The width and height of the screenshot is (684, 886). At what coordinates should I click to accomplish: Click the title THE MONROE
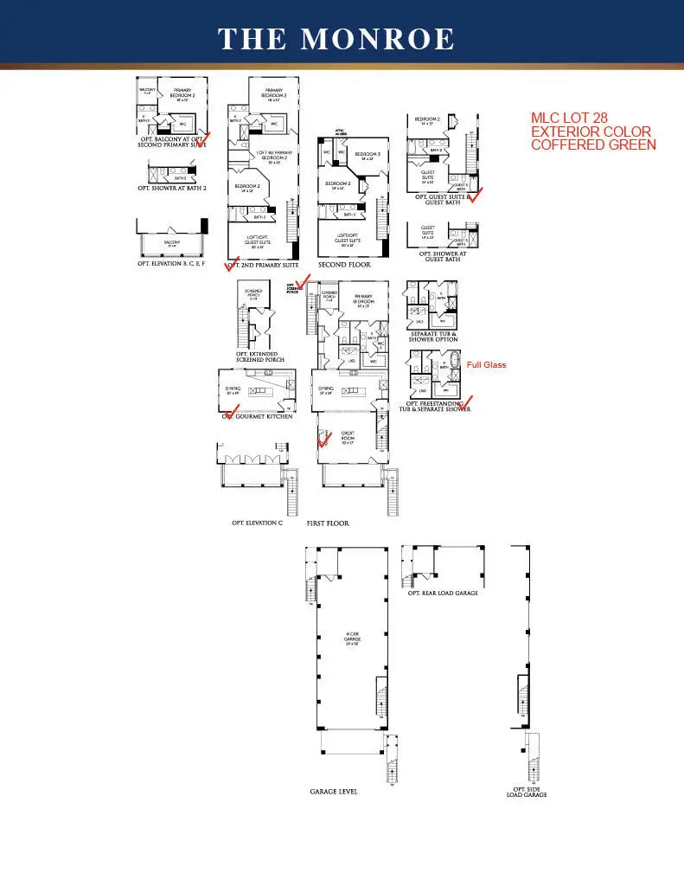tap(336, 39)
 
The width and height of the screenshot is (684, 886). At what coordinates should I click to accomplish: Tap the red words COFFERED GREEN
tap(593, 144)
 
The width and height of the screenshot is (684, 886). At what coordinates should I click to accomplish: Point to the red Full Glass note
tap(486, 365)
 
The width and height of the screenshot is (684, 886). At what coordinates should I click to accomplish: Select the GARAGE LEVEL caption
tap(334, 792)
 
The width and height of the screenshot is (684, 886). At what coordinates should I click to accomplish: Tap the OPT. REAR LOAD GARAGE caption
tap(443, 593)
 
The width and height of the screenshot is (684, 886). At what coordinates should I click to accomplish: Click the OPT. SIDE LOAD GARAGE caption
tap(526, 793)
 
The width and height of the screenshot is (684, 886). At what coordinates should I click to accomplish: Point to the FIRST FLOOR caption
tap(328, 523)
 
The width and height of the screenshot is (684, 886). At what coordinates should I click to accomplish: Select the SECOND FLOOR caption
tap(345, 264)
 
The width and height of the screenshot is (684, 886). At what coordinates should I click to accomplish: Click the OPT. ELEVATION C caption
tap(257, 523)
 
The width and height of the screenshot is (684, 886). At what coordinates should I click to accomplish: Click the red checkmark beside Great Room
tap(325, 439)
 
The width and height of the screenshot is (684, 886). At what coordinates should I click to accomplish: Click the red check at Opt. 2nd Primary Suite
tap(232, 263)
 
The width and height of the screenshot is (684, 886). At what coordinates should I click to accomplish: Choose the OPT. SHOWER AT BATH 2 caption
tap(172, 187)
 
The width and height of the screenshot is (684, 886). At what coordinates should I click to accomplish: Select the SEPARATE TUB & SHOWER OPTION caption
tap(433, 336)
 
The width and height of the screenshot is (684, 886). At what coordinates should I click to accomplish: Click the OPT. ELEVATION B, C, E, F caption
tap(174, 264)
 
